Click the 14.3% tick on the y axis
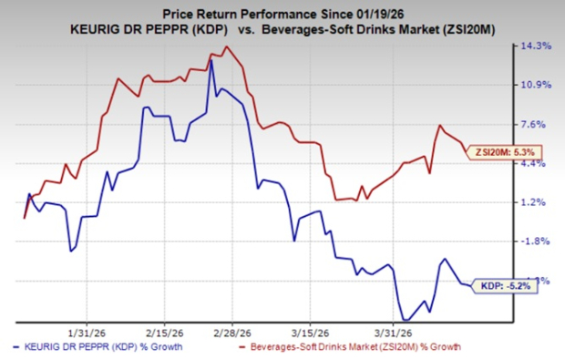pos(536,46)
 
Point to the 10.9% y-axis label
pos(536,85)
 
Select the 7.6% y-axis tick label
pos(536,124)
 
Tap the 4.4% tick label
pos(536,163)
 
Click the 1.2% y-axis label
pos(536,202)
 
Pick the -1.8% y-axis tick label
pos(536,242)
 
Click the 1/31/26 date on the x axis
pos(88,331)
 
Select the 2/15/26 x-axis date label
pos(162,331)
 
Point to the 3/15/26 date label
pos(311,331)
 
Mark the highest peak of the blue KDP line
pos(211,61)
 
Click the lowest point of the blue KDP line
pos(404,319)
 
